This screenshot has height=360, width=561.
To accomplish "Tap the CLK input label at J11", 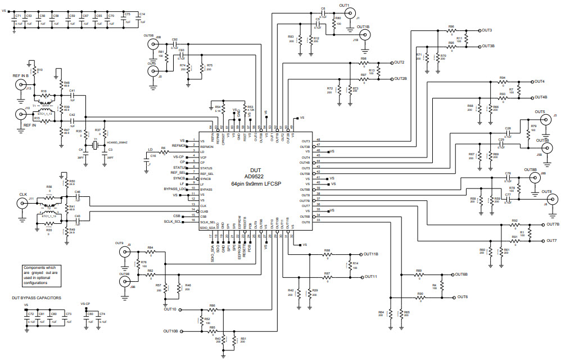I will click(x=23, y=195).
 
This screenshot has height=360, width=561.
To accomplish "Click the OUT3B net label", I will click(x=487, y=46).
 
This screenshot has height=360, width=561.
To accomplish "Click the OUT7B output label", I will click(x=553, y=224).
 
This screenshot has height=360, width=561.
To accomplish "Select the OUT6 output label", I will click(x=463, y=296).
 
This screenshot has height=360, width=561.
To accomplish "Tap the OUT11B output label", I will click(x=371, y=254).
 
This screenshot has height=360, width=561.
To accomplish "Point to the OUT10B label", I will click(x=170, y=331).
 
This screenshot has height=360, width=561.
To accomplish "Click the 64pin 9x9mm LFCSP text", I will click(x=256, y=183).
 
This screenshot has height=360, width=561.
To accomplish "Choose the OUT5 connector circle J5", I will click(x=544, y=120).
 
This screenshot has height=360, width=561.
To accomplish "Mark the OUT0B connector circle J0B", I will click(x=152, y=46).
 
